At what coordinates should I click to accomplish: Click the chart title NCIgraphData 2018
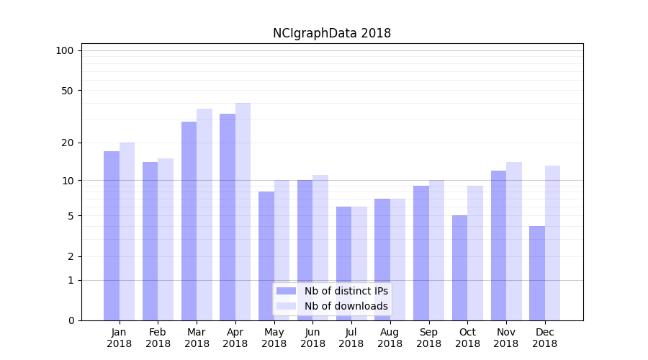[331, 33]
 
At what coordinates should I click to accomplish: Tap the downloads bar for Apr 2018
[243, 212]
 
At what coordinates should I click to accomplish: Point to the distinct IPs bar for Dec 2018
[537, 273]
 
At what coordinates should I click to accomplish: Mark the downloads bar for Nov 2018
[513, 241]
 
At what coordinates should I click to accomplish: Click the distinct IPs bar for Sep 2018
[421, 253]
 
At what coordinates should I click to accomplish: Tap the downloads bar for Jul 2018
[359, 264]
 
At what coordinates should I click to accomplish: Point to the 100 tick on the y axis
[65, 50]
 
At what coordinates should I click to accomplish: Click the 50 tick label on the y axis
[68, 91]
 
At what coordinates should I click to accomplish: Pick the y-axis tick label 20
[68, 143]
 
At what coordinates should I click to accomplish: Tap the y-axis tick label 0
[71, 320]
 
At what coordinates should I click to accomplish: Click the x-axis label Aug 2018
[390, 338]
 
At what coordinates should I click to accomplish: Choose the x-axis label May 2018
[274, 338]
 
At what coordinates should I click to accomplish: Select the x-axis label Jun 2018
[312, 338]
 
